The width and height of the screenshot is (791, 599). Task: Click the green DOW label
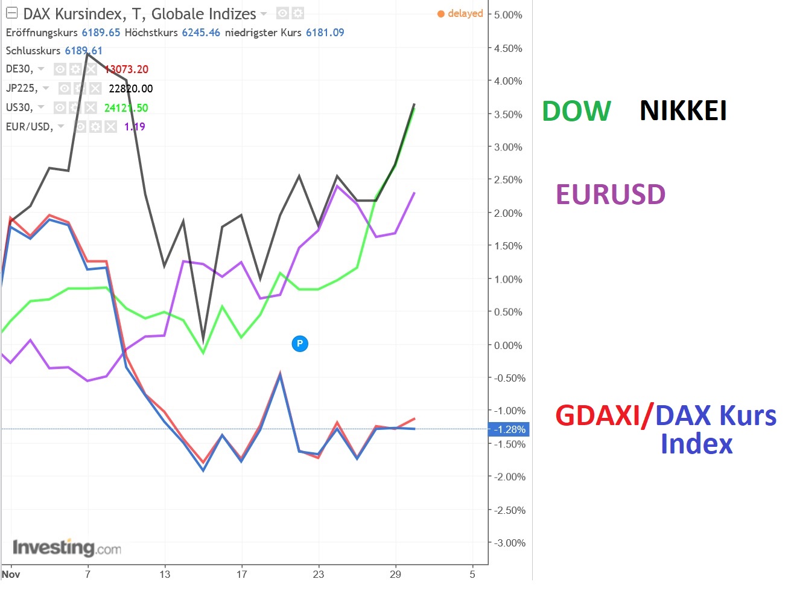576,111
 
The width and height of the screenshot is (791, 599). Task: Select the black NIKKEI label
683,111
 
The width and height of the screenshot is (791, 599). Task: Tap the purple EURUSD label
610,194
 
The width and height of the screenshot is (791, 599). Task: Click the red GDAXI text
597,416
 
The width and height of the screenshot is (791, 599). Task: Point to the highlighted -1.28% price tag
509,429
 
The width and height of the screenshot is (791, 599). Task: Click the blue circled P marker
300,344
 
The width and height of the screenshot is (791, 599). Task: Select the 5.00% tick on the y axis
508,15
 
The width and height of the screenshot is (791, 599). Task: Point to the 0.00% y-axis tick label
508,345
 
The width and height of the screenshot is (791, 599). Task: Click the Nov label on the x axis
11,574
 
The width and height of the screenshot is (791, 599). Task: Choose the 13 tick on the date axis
165,574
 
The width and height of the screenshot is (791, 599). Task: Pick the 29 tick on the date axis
395,574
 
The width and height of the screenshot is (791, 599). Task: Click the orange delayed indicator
460,13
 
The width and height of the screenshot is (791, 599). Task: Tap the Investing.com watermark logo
66,548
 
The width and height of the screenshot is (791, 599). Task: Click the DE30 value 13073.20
127,69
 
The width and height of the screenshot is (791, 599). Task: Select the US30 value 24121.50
126,108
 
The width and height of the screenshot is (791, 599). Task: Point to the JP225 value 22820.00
130,89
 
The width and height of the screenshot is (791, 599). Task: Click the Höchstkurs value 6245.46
201,33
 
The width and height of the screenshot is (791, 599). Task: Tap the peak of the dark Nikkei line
88,54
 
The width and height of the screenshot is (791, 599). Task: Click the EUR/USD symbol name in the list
29,127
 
